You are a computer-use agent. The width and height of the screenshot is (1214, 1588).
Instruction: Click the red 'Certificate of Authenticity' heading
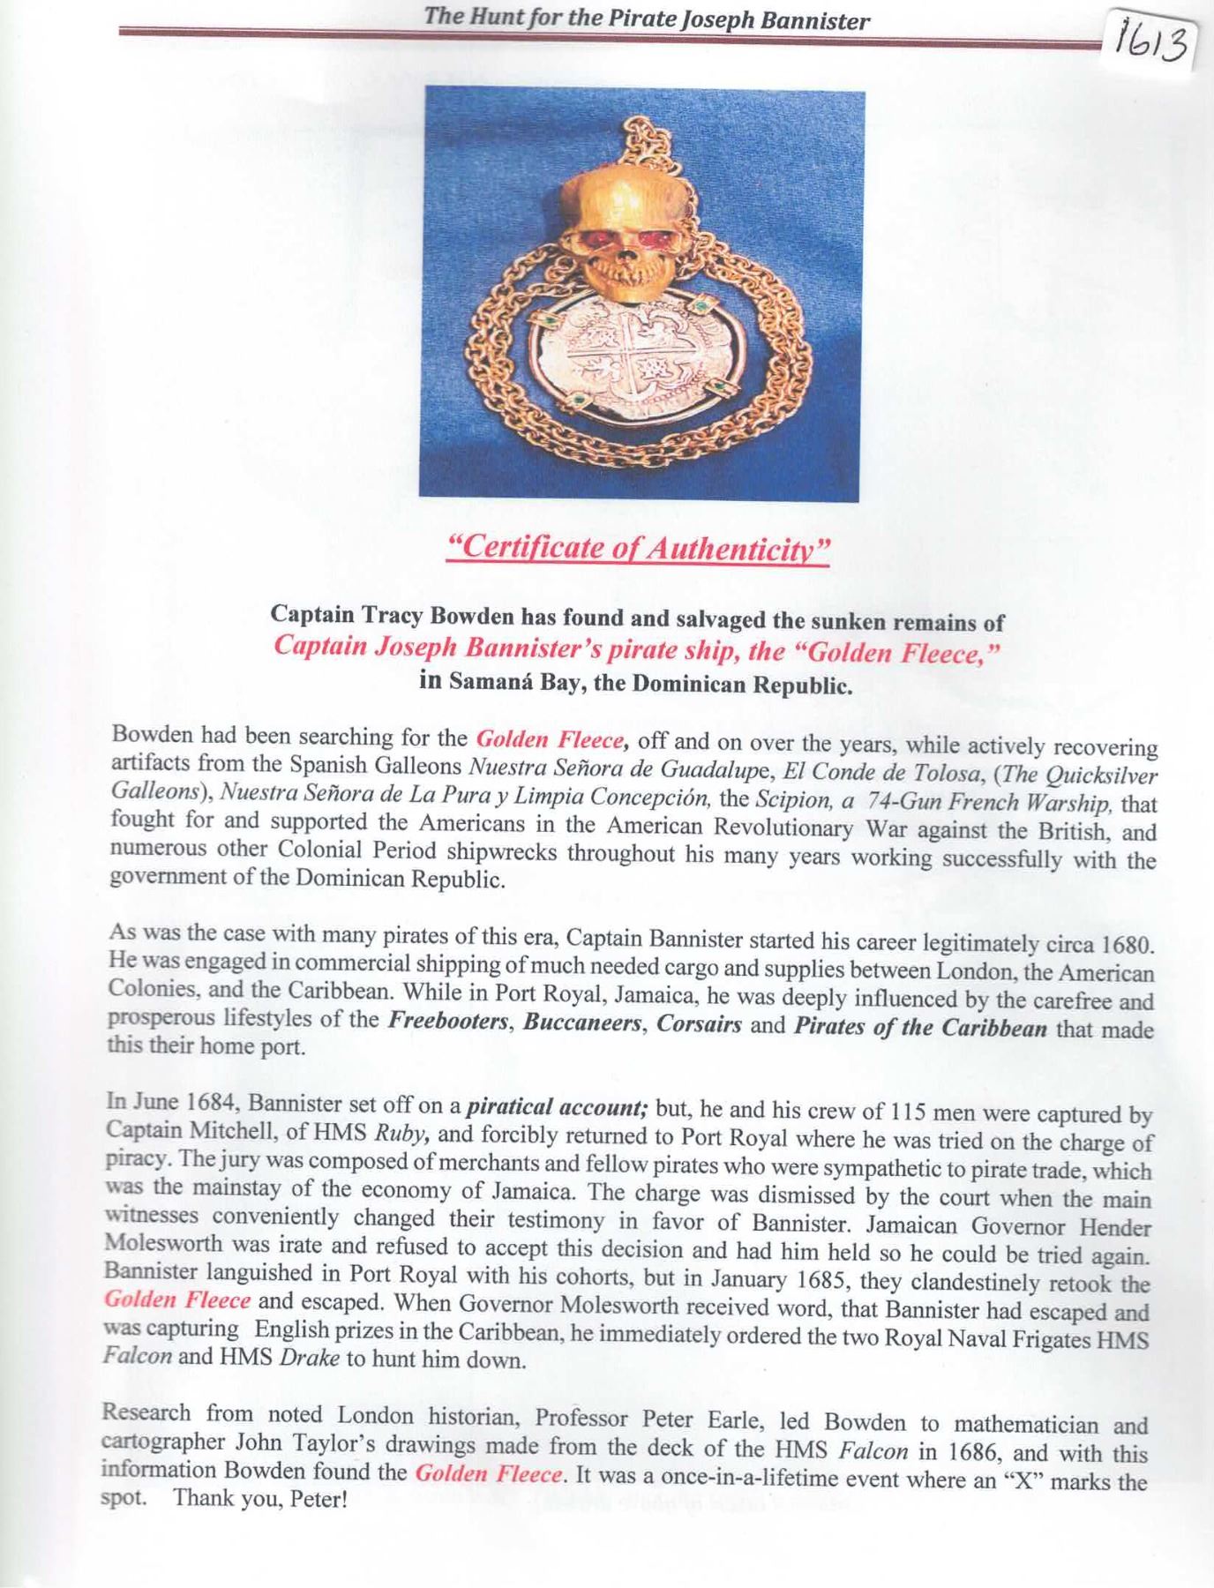[638, 549]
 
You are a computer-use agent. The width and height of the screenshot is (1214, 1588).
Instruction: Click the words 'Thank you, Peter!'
[260, 1499]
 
